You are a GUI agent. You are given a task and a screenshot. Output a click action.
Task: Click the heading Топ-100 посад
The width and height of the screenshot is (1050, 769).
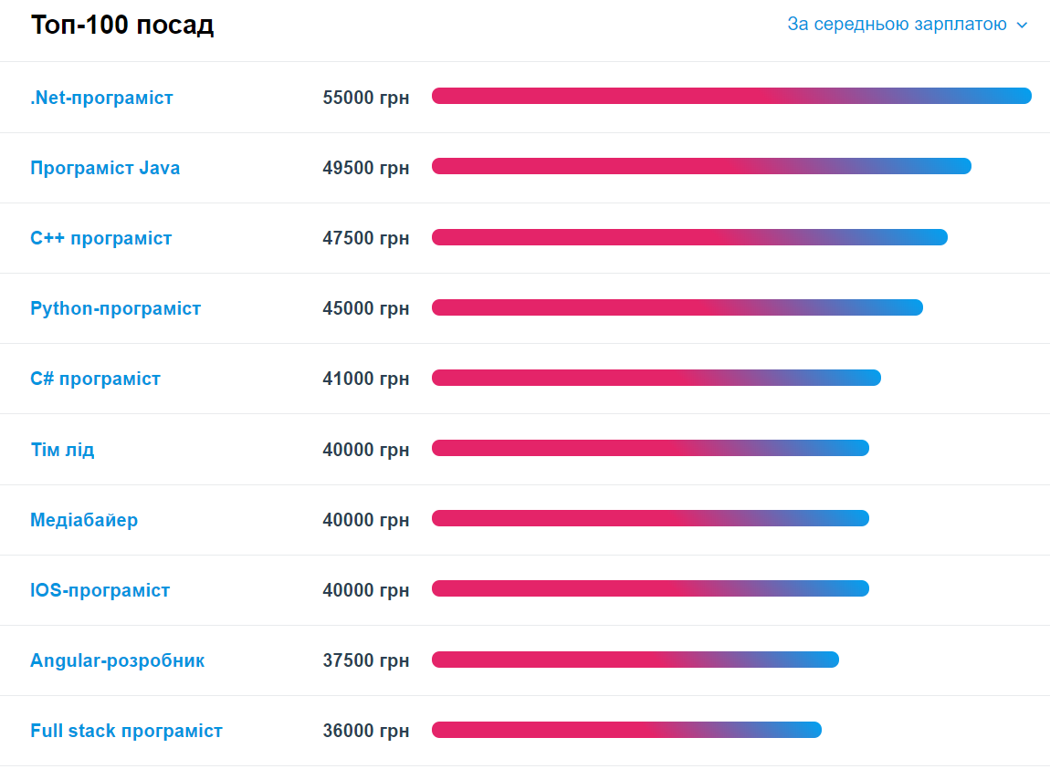tap(122, 26)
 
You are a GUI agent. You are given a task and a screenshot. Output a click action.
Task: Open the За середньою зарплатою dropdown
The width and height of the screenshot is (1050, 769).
tap(907, 25)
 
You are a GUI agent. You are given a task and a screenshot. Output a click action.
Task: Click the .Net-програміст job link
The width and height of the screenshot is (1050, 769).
tap(101, 98)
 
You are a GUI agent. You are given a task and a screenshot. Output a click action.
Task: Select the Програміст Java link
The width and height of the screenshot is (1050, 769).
tap(105, 168)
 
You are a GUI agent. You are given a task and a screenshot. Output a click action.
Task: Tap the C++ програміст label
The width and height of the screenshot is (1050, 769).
tap(101, 238)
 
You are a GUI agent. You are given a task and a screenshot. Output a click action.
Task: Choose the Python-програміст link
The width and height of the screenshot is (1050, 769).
tap(115, 308)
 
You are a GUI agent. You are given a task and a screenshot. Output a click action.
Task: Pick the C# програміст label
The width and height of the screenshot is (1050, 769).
tap(95, 379)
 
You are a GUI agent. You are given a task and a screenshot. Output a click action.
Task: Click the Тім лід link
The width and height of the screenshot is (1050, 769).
tap(62, 450)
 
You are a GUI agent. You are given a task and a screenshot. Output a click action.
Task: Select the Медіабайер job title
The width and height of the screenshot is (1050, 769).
tap(84, 520)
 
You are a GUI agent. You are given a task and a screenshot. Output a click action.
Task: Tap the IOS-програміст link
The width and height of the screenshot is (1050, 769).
tap(100, 590)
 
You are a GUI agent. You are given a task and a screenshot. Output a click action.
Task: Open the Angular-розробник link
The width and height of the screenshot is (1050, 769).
tap(117, 660)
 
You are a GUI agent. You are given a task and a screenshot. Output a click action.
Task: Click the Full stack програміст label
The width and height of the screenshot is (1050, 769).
tap(126, 731)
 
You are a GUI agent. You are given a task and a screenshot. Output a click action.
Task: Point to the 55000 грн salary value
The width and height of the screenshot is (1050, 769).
tap(365, 98)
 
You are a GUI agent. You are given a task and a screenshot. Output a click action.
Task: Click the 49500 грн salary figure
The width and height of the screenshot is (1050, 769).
tap(365, 168)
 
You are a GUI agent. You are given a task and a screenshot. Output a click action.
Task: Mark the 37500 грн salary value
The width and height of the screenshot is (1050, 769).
tap(365, 660)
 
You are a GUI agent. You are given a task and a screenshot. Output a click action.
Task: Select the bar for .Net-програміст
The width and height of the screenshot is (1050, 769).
tap(731, 96)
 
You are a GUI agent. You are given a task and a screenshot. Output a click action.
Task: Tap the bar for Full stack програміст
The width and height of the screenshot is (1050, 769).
tap(626, 730)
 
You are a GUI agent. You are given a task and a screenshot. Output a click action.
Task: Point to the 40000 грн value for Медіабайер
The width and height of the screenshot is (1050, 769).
tap(365, 520)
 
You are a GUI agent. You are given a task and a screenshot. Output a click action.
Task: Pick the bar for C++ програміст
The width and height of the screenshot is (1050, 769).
tap(689, 237)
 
